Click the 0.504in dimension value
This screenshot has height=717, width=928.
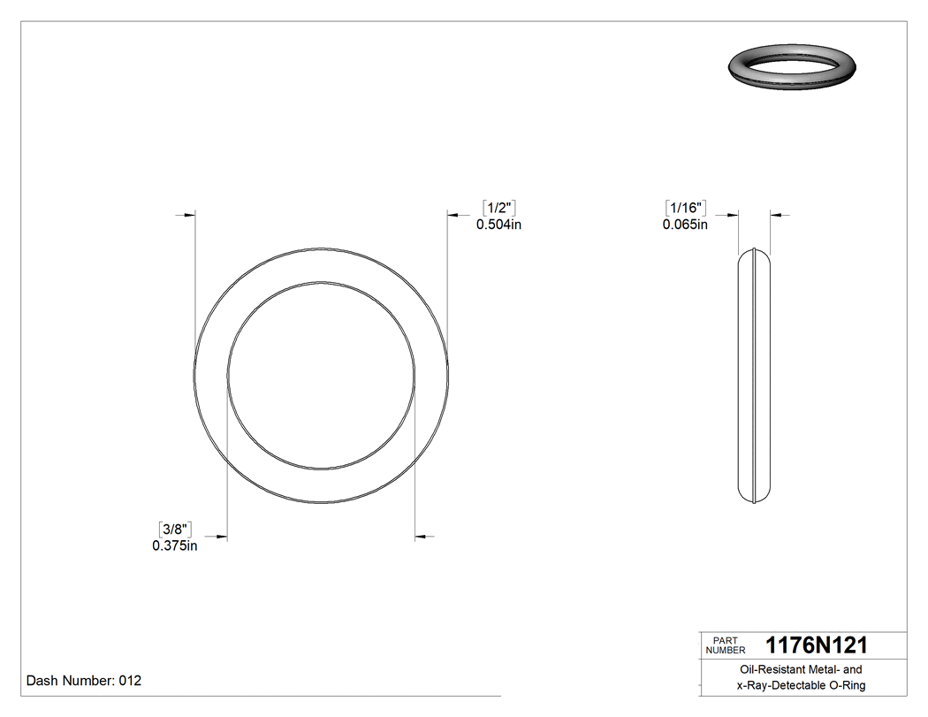tap(498, 225)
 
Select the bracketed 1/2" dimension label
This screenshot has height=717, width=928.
tap(498, 208)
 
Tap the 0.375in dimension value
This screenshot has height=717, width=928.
tap(174, 545)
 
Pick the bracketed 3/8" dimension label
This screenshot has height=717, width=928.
tap(174, 529)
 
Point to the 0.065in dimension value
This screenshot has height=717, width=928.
tap(685, 225)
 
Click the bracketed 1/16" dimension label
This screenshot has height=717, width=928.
tap(685, 208)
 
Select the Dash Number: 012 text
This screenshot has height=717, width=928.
tap(84, 681)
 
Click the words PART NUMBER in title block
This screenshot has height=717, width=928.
tap(726, 645)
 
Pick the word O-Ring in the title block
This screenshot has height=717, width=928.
tap(847, 686)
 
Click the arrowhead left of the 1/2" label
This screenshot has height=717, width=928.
tap(453, 214)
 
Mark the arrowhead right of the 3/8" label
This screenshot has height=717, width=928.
tap(222, 536)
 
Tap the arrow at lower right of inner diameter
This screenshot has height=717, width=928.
tap(422, 536)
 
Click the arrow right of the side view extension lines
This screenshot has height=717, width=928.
tap(778, 214)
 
